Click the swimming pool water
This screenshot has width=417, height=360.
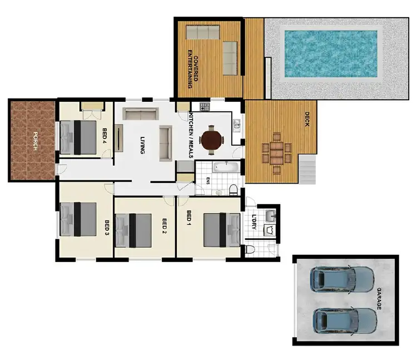(x=331, y=53)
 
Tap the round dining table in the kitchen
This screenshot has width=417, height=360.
(x=212, y=140)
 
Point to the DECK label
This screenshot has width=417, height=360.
(x=306, y=119)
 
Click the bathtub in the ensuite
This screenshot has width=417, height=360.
(x=225, y=166)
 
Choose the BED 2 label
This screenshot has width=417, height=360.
(x=165, y=226)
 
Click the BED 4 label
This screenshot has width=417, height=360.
(x=105, y=136)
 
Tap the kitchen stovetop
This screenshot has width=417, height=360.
(x=203, y=106)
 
